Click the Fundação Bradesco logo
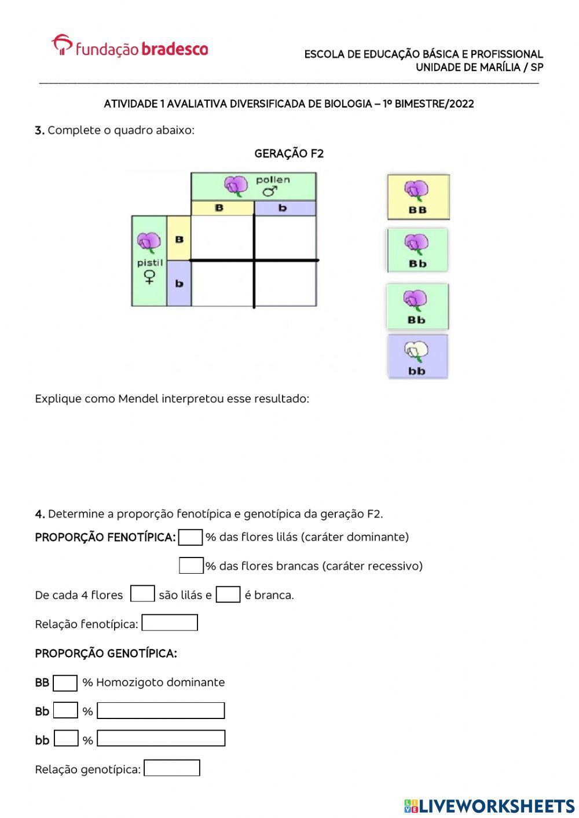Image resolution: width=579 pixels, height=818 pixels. point(130,46)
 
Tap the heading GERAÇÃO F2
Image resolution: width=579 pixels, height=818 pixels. point(289,153)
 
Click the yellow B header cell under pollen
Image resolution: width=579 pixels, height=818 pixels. point(222,208)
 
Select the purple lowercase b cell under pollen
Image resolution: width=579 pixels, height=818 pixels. point(285,208)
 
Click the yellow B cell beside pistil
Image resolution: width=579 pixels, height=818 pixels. point(179,238)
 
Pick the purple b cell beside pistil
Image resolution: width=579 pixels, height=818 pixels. point(179,283)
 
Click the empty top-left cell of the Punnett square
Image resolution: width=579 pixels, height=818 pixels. point(222,237)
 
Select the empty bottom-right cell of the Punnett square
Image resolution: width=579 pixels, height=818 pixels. point(285,284)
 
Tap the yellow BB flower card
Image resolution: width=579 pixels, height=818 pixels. point(418,197)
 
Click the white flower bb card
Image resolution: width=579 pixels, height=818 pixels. point(417,357)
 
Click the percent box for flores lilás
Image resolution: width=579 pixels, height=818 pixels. point(190,537)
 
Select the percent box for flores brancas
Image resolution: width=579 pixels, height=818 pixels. point(191,566)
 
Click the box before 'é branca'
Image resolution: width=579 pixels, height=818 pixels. point(228,595)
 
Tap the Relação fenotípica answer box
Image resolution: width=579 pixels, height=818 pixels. point(170,623)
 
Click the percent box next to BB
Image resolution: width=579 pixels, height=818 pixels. point(65,683)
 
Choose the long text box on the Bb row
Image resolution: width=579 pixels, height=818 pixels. point(161,710)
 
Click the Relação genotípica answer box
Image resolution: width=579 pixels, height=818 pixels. point(172,768)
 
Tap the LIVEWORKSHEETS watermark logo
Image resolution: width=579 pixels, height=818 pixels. point(489,805)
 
